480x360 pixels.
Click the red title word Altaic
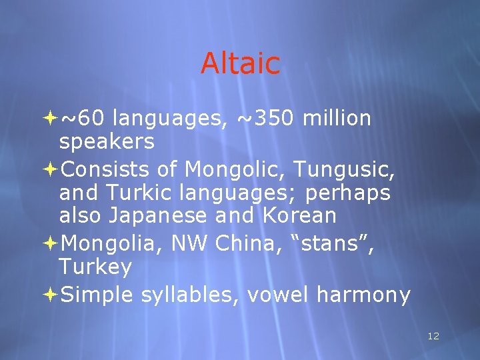(x=240, y=64)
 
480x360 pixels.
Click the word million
(x=337, y=119)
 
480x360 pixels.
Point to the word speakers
(x=107, y=142)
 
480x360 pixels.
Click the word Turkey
(x=95, y=268)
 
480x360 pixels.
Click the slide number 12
(x=433, y=336)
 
